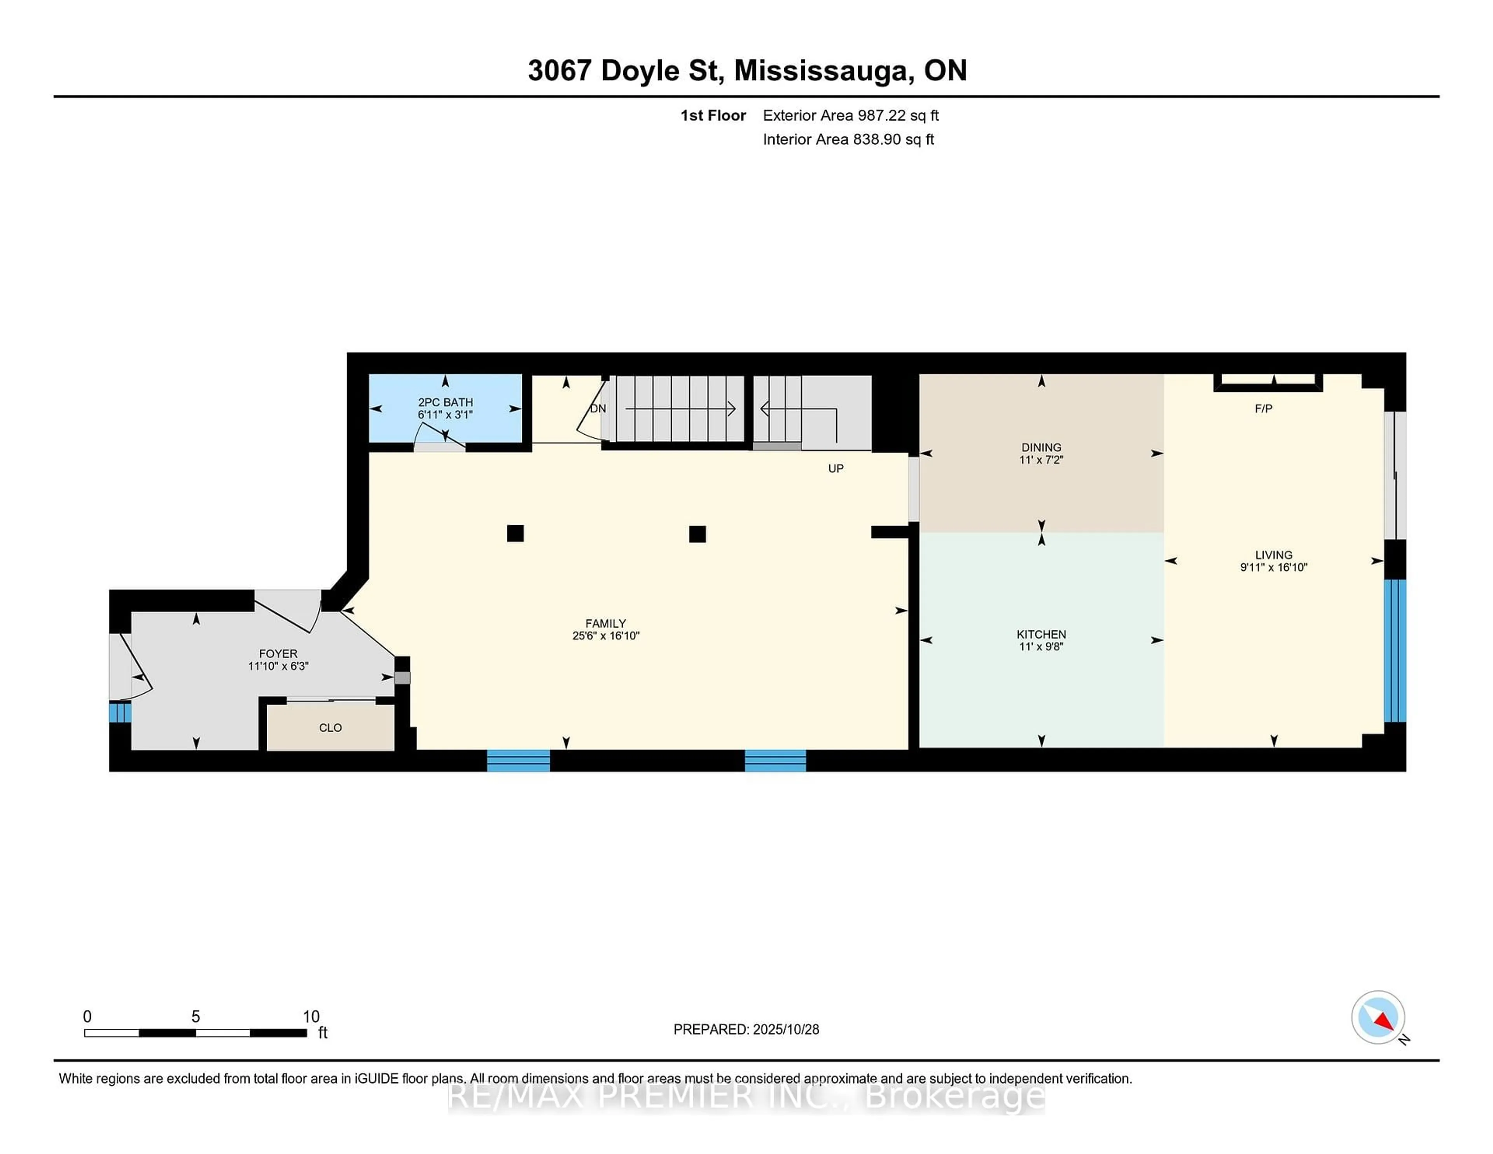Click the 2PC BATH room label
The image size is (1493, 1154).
(445, 402)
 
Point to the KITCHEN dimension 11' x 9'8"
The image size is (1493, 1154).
(1041, 647)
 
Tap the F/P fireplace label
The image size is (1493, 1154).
(1263, 409)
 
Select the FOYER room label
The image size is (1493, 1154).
(278, 654)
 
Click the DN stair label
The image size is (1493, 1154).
(598, 409)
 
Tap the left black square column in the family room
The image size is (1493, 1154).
(516, 533)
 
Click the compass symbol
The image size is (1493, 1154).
(1378, 1017)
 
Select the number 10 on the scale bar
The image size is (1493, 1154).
(311, 1017)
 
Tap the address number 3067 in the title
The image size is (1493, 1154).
(559, 70)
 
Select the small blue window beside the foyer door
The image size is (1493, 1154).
(120, 712)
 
